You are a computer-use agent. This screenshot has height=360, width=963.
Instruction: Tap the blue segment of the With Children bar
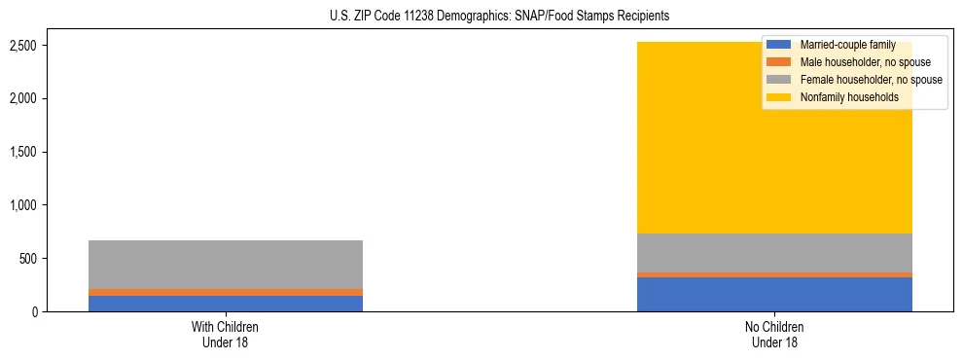226,304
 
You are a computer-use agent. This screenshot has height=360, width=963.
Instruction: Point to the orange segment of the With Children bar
226,292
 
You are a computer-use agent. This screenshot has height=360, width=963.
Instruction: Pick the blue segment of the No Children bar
774,295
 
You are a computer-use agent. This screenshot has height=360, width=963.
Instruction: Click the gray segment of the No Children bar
774,253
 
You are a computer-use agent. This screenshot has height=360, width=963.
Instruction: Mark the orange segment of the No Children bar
774,274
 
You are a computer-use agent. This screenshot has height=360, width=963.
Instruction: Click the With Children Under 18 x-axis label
226,334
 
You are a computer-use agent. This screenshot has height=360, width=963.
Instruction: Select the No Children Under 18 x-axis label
774,334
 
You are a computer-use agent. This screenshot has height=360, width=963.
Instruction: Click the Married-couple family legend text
847,46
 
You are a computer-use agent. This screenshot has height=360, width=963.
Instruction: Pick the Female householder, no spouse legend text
871,80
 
